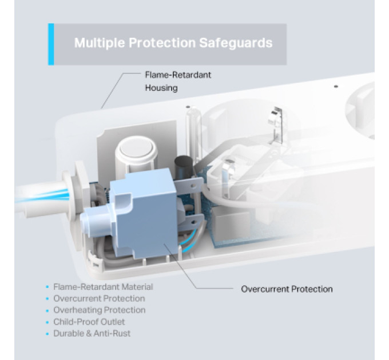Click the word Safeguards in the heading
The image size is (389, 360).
(236, 43)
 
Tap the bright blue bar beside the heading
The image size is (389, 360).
(51, 45)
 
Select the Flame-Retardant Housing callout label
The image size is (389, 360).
(178, 81)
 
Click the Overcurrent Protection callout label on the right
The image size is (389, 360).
(287, 289)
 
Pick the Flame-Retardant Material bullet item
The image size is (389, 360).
(103, 287)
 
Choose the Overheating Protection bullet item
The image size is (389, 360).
(99, 310)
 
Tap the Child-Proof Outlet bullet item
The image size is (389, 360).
(89, 322)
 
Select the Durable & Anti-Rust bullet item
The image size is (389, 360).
(92, 333)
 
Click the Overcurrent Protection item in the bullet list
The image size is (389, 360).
(99, 298)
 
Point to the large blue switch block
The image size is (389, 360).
(144, 213)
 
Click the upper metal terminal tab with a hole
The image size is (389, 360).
(189, 185)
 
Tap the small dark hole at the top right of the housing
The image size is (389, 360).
(336, 86)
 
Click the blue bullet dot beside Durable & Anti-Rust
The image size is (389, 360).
(47, 334)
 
